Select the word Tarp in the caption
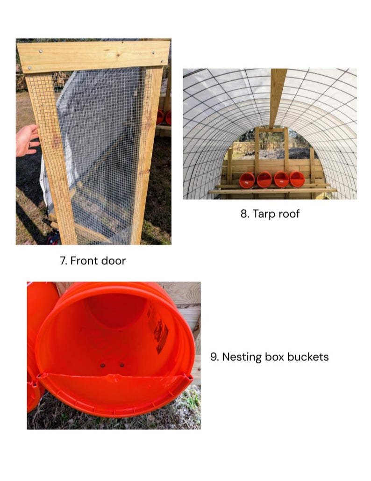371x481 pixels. point(263,214)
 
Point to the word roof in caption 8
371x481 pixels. point(288,214)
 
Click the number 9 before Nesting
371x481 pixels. point(214,357)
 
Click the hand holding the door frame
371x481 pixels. point(27,140)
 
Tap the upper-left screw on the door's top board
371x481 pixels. point(41,51)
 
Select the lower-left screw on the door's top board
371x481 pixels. point(30,68)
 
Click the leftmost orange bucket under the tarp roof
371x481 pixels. point(247,180)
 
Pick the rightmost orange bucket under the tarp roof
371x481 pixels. point(297,179)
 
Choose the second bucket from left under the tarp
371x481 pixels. point(264,179)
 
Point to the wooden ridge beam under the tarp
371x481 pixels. point(278,98)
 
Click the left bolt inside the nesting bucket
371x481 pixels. point(103,366)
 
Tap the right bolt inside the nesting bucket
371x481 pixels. point(122,365)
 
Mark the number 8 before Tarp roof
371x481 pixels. point(244,214)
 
